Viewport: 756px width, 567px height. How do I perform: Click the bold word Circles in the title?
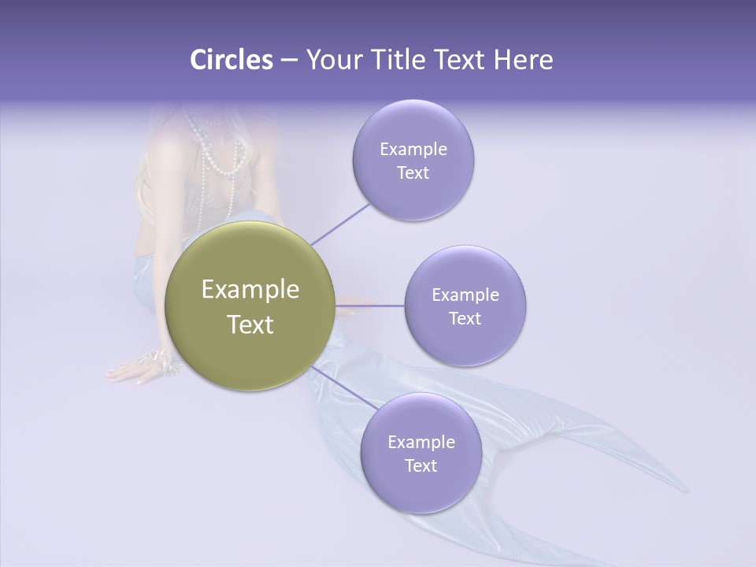pos(231,59)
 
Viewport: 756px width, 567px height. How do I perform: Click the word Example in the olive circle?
pos(250,290)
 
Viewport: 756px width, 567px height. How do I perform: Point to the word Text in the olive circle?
pos(250,324)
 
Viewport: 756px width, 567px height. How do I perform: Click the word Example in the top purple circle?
pos(413,149)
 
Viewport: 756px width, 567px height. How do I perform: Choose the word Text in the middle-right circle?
pos(465,318)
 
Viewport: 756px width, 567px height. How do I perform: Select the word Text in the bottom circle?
pos(421,465)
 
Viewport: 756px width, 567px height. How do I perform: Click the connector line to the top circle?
pos(341,223)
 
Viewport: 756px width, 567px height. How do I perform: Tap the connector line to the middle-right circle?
pos(370,306)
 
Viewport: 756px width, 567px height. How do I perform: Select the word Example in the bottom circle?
pos(421,442)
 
